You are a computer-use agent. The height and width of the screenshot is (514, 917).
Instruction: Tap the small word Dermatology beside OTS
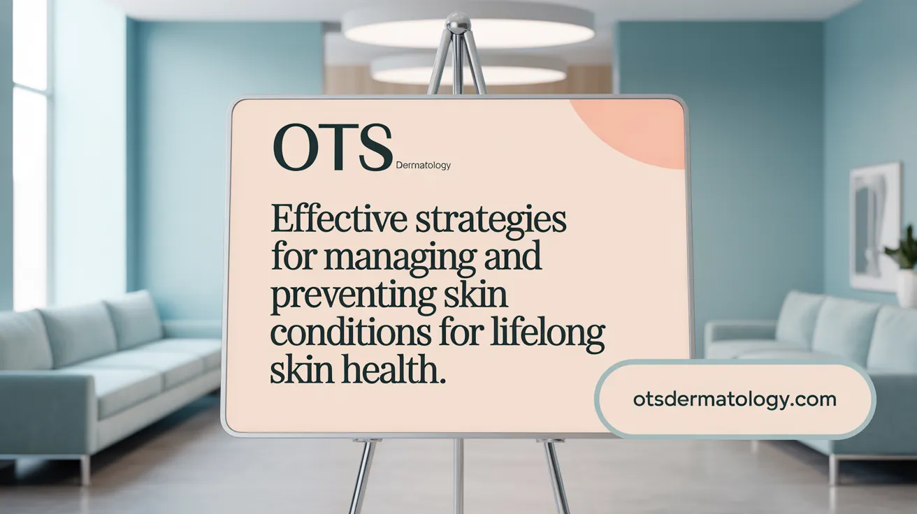(423, 166)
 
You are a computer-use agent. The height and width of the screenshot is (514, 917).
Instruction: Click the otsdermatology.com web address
(734, 399)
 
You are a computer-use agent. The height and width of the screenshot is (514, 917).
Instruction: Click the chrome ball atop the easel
(458, 24)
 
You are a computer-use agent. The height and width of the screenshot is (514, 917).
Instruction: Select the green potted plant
(904, 249)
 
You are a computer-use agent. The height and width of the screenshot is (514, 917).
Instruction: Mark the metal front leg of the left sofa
(85, 469)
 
